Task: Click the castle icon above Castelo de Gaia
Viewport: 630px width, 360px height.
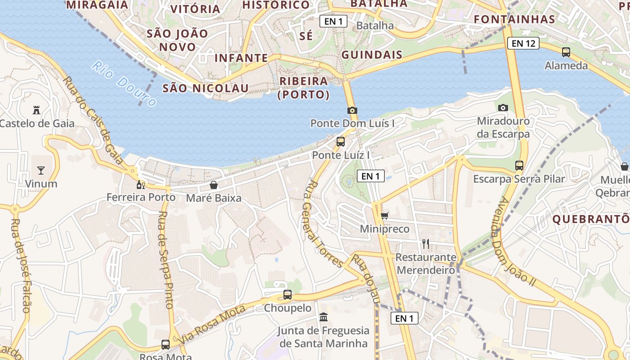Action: click(36, 110)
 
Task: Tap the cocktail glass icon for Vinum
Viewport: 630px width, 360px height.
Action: click(41, 170)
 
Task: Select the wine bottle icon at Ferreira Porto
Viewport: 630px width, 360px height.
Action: click(141, 184)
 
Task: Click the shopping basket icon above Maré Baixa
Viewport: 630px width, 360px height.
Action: click(214, 185)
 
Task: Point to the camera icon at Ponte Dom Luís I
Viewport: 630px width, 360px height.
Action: click(352, 110)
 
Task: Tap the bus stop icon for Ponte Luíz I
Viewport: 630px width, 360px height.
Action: click(341, 142)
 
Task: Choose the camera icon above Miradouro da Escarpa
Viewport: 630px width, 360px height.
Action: click(503, 108)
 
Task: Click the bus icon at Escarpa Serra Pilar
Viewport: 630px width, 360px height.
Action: click(519, 165)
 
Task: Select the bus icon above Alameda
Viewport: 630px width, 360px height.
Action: click(566, 52)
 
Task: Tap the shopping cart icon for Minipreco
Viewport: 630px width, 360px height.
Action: click(384, 216)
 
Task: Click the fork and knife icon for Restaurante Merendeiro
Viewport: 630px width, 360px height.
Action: click(426, 244)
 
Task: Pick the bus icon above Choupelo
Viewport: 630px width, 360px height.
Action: click(288, 295)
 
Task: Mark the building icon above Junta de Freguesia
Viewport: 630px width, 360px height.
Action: click(323, 317)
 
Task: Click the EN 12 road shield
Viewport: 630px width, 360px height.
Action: click(523, 43)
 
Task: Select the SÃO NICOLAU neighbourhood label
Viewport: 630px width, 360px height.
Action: click(205, 88)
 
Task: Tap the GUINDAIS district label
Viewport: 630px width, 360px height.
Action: click(372, 55)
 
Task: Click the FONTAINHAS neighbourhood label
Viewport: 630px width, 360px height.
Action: click(514, 19)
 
